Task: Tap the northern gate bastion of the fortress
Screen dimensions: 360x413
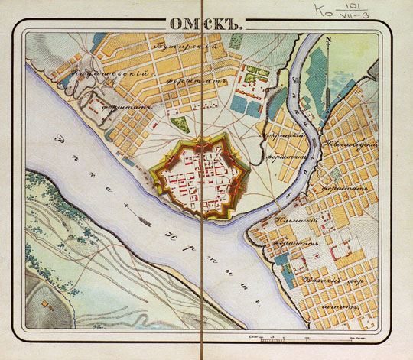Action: pos(202,142)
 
